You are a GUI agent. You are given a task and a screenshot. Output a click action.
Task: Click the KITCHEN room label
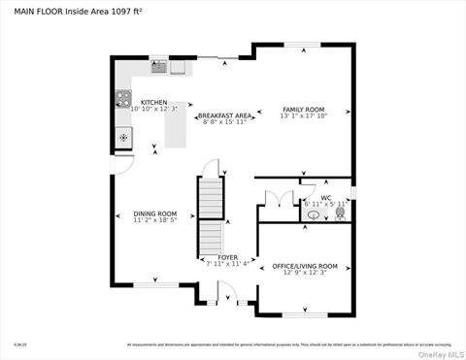click(153, 102)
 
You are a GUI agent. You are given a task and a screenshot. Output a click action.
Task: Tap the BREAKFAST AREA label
click(225, 115)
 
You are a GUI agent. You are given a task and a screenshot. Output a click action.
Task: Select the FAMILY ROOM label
click(303, 110)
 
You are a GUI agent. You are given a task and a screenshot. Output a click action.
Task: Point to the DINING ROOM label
click(155, 213)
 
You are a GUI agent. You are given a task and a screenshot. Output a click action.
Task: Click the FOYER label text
click(227, 257)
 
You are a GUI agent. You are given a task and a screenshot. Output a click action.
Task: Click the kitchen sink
click(158, 68)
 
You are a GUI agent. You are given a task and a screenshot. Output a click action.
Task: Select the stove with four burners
click(123, 97)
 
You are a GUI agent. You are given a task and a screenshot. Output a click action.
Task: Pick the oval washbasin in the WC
click(313, 215)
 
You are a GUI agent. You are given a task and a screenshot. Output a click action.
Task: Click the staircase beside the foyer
click(211, 218)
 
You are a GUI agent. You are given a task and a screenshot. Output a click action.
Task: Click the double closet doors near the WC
click(274, 201)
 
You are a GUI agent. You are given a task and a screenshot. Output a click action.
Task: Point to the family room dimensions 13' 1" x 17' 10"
click(303, 117)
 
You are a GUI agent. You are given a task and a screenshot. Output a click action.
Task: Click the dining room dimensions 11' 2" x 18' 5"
click(155, 221)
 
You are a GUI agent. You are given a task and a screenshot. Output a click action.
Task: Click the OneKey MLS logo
click(444, 352)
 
